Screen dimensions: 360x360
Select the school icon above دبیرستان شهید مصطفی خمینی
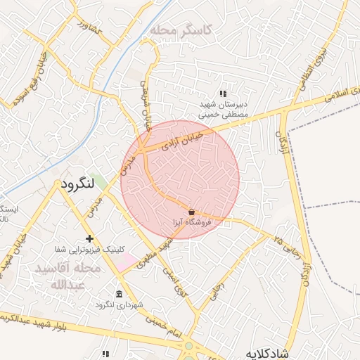[223, 94]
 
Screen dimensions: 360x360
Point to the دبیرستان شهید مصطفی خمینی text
[223, 108]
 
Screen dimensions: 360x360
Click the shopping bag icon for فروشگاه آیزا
[191, 211]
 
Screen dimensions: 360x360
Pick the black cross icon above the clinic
[89, 239]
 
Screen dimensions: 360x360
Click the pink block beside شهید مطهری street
[127, 264]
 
